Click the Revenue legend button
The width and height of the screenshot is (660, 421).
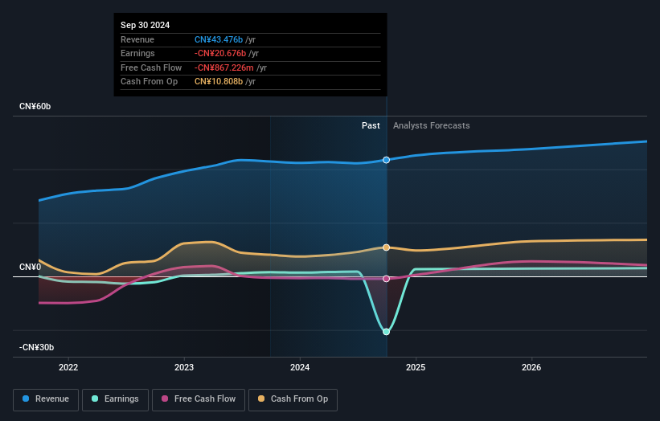46,399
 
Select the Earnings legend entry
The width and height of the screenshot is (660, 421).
115,399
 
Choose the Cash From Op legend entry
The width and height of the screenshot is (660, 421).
293,399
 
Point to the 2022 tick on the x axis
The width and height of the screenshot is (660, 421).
68,368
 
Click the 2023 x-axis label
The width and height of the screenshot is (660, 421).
184,368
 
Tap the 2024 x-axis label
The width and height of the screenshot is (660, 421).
300,368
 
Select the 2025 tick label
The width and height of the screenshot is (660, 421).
416,368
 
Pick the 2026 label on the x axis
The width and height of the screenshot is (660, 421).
531,368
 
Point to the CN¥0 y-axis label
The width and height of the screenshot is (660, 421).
31,267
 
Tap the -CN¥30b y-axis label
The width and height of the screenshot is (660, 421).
37,347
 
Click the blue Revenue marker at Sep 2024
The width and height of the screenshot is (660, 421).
387,160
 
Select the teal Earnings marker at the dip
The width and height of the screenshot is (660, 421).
387,332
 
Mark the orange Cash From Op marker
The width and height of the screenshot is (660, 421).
387,247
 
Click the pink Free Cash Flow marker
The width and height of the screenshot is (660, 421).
387,279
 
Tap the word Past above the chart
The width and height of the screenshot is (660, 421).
371,125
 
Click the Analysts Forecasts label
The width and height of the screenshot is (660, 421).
431,125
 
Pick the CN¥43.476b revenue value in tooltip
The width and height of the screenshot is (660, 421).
219,39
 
